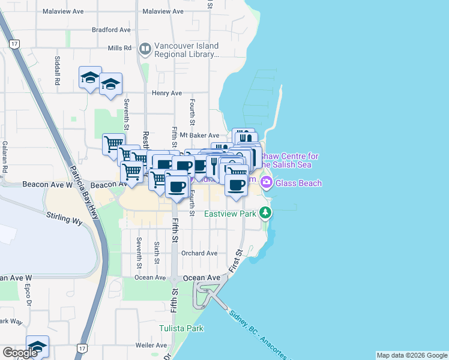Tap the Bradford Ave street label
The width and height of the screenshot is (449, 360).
point(111,29)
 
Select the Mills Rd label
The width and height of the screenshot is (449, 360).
point(119,48)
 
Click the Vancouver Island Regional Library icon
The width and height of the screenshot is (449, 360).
point(145,49)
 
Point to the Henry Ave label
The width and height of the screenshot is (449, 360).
point(167,93)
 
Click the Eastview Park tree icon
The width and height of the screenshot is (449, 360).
point(265,213)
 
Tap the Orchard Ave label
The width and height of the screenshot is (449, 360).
point(199,253)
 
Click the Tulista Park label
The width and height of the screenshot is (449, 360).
point(182,328)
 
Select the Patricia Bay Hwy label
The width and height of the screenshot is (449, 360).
point(82,180)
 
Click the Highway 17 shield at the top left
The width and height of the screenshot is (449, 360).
point(14,43)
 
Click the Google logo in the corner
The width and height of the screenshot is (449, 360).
point(20,352)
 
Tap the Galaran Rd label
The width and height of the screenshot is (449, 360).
point(4,157)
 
